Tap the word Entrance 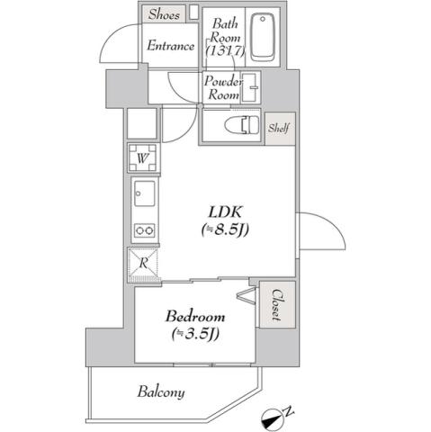171,46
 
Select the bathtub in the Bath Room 262,38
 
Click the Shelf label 278,128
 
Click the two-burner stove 144,229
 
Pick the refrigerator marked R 144,263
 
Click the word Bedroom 194,317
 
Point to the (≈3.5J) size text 195,335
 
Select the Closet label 277,304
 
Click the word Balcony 161,391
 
